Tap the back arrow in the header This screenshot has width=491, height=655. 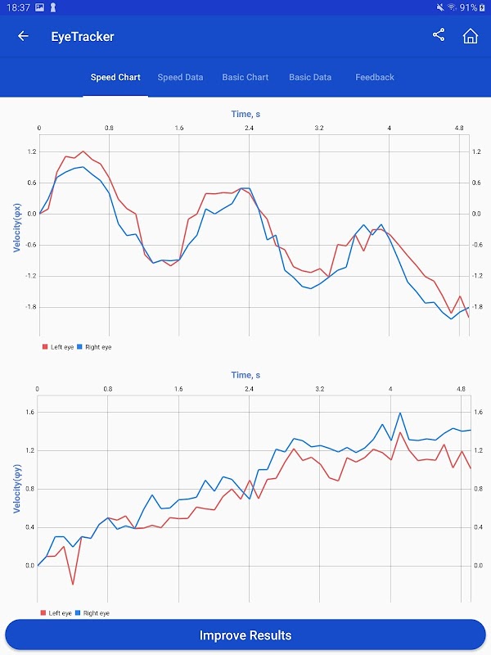coord(23,36)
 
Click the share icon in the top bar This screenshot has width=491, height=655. coord(439,35)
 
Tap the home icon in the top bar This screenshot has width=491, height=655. coord(470,36)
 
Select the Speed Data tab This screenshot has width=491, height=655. coord(180,77)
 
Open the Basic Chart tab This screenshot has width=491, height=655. coord(245,77)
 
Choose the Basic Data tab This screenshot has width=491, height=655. coord(310,77)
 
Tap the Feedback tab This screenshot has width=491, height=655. coord(375,77)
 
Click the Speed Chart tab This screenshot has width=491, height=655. coord(115,77)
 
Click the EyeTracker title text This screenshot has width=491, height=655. coord(83,36)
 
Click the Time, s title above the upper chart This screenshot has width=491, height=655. coord(245,114)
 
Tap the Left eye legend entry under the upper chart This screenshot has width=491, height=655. coord(58,347)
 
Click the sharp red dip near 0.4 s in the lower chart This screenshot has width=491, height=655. coord(72,585)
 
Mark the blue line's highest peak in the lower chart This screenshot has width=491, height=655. coord(400,413)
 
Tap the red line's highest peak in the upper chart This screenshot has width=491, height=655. coord(83,151)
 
